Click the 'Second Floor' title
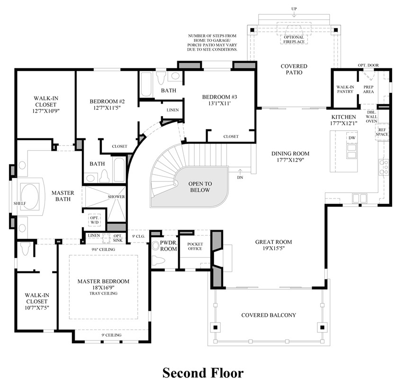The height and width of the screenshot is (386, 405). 203,373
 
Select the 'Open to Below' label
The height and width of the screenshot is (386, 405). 200,187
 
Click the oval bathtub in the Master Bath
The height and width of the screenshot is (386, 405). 29,197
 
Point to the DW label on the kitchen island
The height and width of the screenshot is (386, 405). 352,138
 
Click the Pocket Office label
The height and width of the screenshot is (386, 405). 195,246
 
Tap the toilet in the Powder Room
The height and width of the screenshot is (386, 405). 158,260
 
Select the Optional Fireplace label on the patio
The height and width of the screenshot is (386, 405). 294,39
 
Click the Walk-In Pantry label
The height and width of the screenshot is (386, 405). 345,90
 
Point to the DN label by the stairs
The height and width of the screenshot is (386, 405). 240,178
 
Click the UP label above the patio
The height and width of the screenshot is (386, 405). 294,9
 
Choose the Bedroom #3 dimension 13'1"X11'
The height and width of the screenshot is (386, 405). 219,103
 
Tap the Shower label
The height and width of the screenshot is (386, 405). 116,197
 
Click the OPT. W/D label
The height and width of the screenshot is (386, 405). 95,220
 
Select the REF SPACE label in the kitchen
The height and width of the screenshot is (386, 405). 382,132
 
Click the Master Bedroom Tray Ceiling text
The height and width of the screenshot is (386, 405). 103,293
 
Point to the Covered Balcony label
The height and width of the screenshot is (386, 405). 269,315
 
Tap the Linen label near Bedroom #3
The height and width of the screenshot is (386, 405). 172,110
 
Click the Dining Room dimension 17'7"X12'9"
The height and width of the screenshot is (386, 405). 290,160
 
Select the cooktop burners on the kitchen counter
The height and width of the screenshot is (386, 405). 384,167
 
